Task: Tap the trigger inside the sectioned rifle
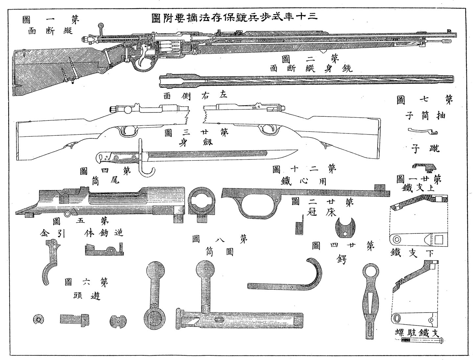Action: coord(142,61)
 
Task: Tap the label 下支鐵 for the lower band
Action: coord(412,252)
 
